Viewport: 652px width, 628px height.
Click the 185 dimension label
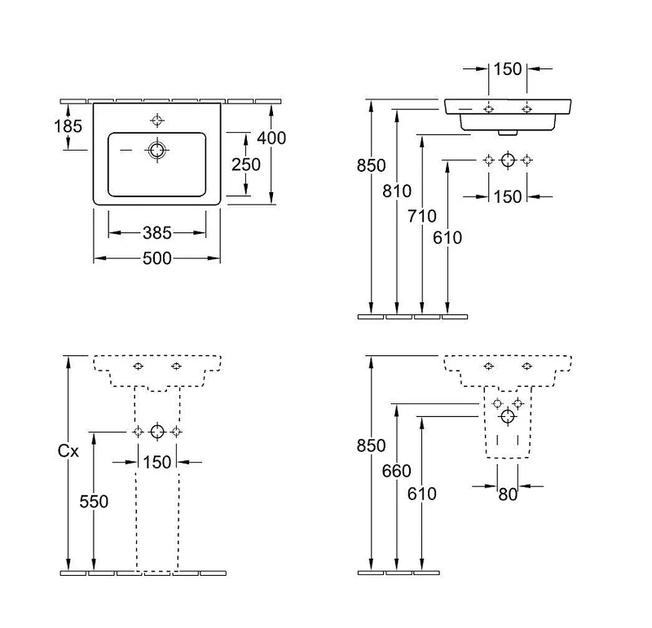point(68,126)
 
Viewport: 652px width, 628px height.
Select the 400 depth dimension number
point(271,138)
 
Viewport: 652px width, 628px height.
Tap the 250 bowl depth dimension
point(246,165)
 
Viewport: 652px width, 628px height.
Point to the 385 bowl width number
point(156,233)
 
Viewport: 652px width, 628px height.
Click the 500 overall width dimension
point(156,258)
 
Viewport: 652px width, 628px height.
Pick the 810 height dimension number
point(397,191)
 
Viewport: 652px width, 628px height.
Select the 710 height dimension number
point(421,216)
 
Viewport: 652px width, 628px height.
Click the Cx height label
point(68,451)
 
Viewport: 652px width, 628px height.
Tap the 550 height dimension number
point(94,502)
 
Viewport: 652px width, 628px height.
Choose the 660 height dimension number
point(396,471)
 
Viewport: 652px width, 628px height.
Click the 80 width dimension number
point(508,494)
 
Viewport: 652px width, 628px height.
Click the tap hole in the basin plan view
point(156,121)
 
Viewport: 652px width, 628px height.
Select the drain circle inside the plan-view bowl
point(156,150)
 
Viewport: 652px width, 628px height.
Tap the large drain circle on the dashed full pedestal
point(157,432)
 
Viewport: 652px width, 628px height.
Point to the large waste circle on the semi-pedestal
point(508,416)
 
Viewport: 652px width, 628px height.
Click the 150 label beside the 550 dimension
point(156,462)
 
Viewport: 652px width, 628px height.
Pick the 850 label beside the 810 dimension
point(371,165)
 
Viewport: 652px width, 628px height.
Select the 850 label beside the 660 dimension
point(371,446)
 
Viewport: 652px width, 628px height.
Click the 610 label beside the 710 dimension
point(447,238)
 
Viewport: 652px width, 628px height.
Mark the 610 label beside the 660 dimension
point(421,494)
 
